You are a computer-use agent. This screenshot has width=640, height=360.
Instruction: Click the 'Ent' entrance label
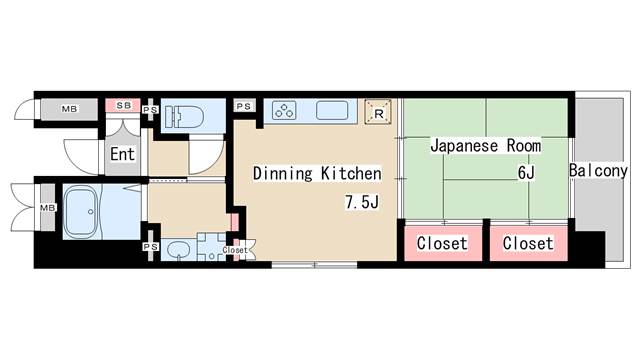pos(122,154)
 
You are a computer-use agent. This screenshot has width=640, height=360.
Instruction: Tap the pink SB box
pos(123,105)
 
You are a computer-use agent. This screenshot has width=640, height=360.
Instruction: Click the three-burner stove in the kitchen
pos(283,110)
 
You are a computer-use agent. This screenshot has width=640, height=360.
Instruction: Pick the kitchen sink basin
pos(332,110)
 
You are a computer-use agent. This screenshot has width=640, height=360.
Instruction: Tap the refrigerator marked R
pos(377,111)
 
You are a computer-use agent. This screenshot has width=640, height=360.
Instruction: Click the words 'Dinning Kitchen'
pos(316,173)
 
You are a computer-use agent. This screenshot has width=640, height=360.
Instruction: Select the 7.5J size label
pos(362,203)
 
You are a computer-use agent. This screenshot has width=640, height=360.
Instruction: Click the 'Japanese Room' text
pos(485,146)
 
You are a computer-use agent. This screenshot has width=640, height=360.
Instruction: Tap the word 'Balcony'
pos(598,171)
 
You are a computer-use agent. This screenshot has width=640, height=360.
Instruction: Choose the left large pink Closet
pos(441,243)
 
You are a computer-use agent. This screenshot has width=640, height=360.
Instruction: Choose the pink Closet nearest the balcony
pos(527,243)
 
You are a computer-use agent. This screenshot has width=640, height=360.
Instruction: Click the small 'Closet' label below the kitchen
pos(235,251)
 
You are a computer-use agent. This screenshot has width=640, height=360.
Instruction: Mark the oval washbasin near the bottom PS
pos(178,249)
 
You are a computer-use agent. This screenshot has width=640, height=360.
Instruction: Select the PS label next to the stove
pos(244,105)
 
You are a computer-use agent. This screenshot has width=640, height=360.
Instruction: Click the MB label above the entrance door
pos(70,108)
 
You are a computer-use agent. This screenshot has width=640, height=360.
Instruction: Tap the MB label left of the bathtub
pos(47,208)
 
